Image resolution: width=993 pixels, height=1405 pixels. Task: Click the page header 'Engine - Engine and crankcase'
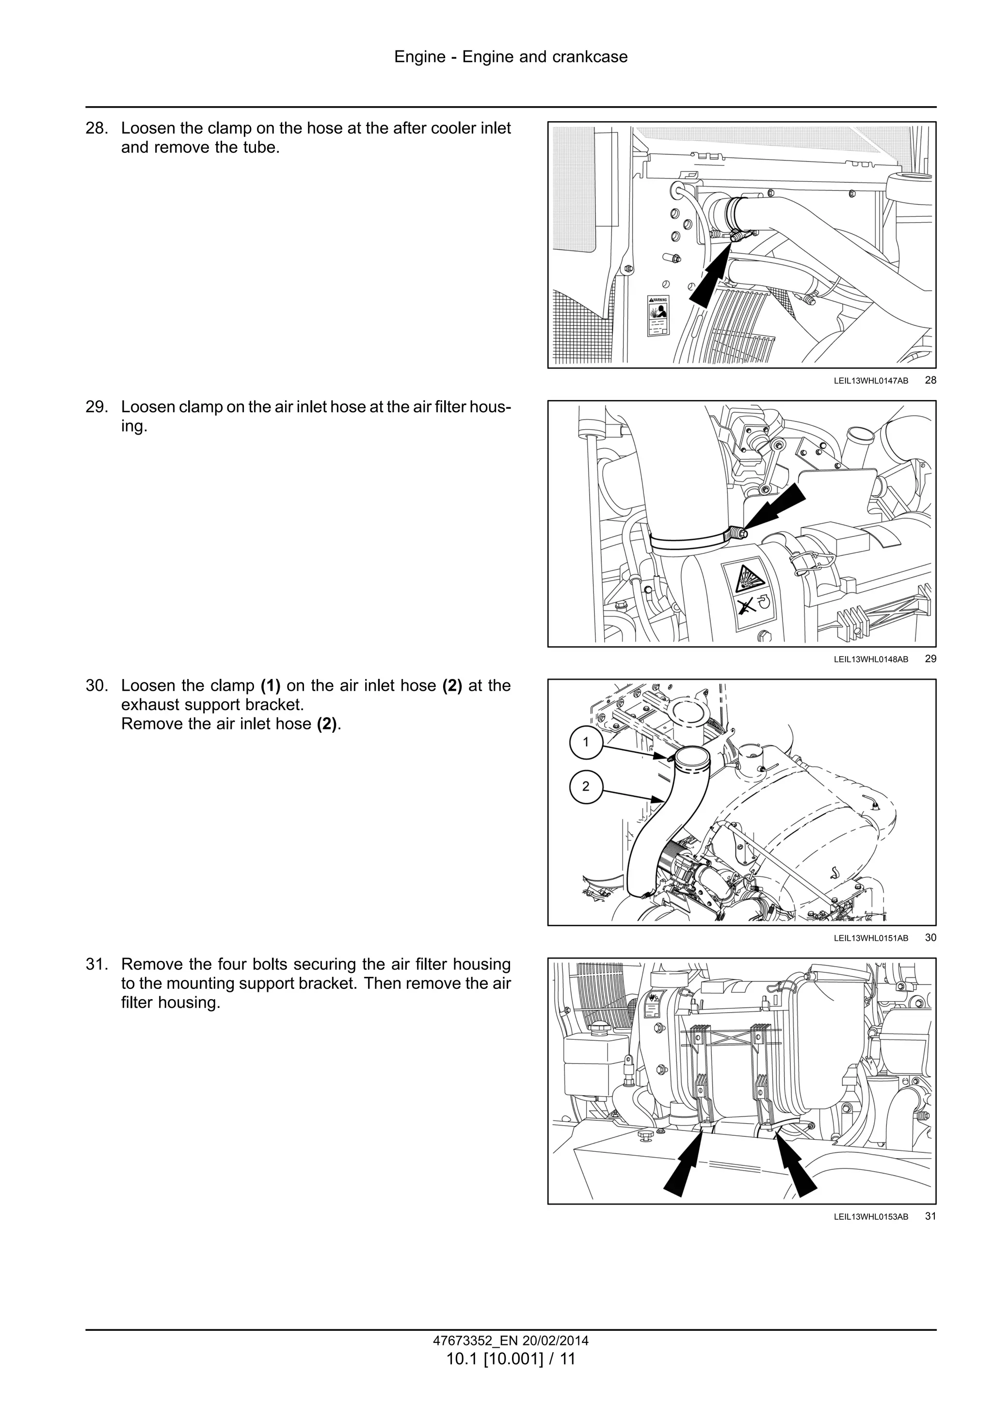click(510, 57)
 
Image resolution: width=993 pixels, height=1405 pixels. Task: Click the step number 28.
click(96, 129)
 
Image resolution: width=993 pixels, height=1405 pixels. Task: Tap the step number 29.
click(96, 407)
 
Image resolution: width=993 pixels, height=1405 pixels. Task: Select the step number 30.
click(96, 685)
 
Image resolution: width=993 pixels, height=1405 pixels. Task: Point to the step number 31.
click(96, 965)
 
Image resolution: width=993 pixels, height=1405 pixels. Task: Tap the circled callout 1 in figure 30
click(586, 743)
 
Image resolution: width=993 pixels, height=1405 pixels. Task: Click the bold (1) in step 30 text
click(271, 686)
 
